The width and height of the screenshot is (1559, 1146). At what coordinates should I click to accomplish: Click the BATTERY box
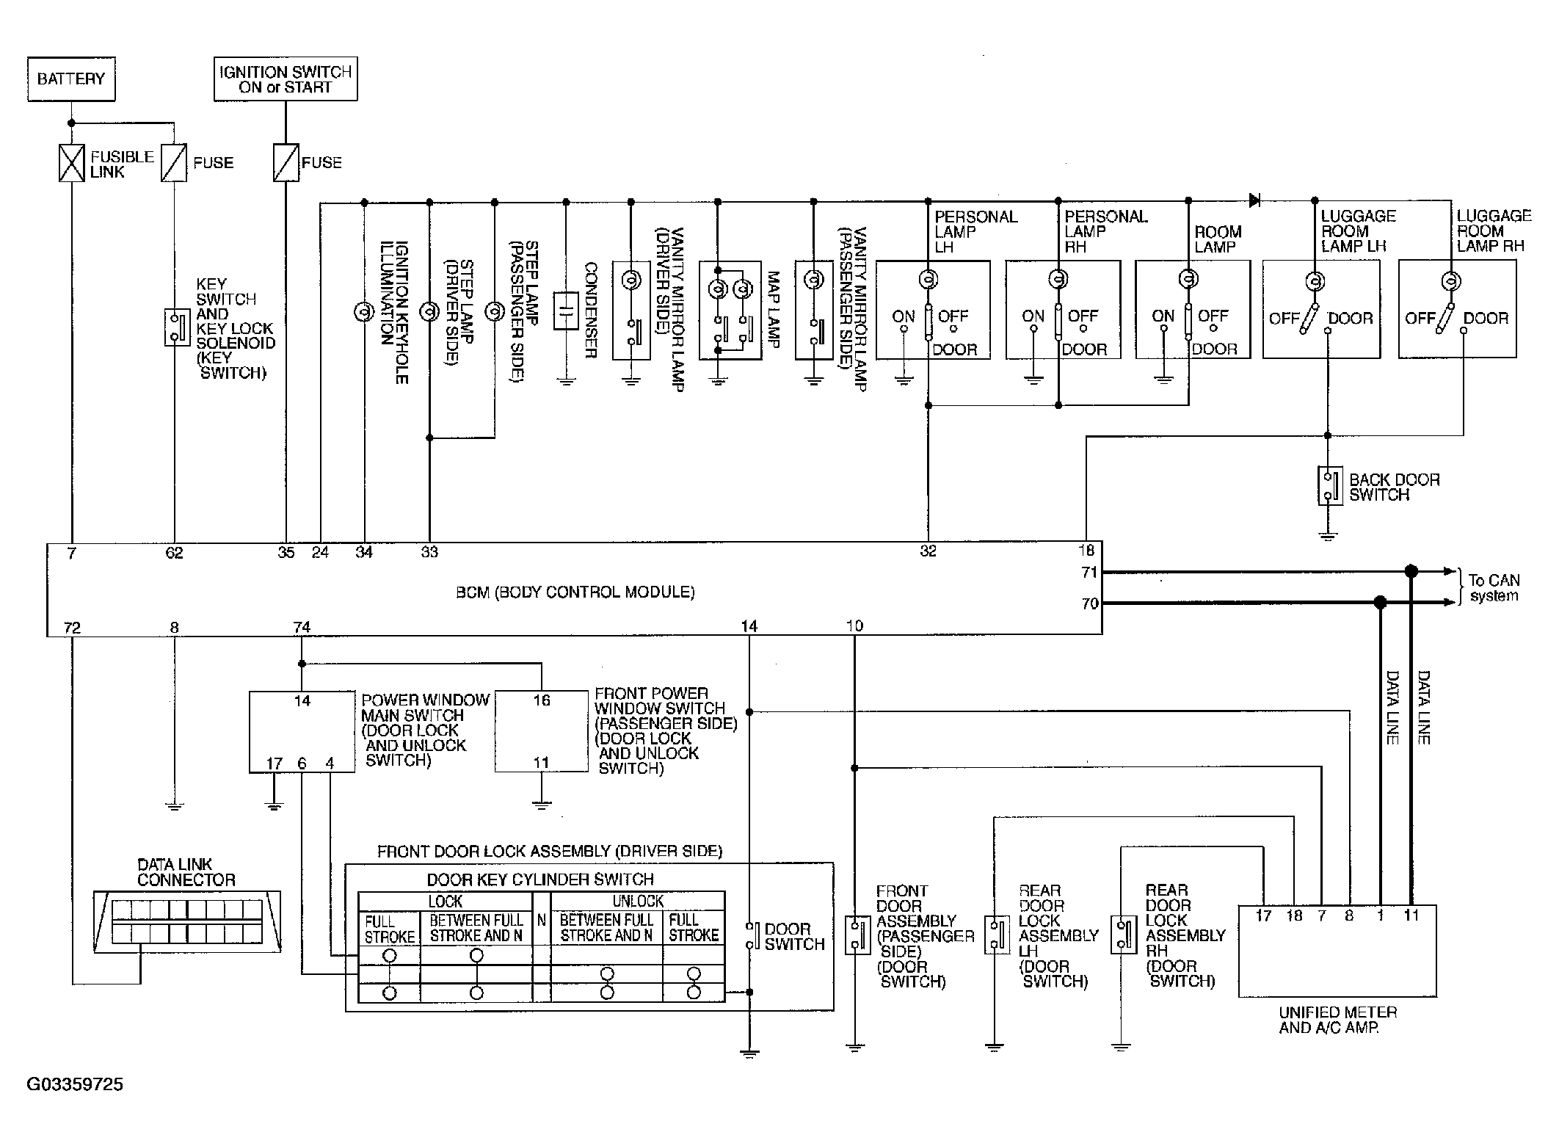(71, 79)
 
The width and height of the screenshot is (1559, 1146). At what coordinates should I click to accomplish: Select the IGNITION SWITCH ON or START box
(286, 79)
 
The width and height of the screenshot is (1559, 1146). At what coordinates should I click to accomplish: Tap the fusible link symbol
(71, 162)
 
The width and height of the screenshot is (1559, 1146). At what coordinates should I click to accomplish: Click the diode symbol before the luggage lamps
(1254, 200)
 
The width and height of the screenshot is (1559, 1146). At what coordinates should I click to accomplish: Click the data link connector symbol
(187, 922)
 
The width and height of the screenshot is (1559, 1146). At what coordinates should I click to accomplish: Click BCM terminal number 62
(174, 554)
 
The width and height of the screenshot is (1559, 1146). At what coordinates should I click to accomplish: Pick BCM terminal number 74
(302, 628)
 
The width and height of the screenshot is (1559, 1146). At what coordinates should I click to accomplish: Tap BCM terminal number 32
(929, 552)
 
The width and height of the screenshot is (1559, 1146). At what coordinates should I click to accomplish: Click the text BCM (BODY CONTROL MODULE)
(575, 592)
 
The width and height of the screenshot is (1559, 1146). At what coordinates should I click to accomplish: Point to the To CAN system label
(1494, 588)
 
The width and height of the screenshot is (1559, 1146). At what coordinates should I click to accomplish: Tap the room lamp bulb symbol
(1188, 279)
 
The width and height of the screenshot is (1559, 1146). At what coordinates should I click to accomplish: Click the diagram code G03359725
(75, 1084)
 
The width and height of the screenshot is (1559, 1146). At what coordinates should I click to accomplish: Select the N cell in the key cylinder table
(542, 919)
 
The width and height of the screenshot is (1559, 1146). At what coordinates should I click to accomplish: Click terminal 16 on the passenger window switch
(542, 700)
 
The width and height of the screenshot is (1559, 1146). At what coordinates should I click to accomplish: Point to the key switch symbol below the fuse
(177, 327)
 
